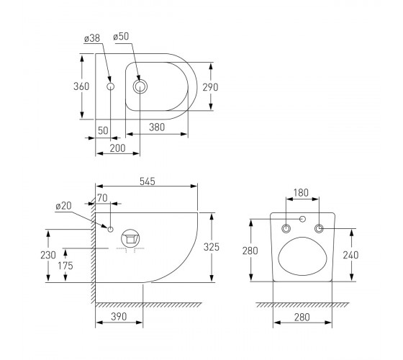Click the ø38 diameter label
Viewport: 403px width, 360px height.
click(92, 38)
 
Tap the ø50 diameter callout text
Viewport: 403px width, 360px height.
click(121, 37)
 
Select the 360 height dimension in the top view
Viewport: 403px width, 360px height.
click(81, 86)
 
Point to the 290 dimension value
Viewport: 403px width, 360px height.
click(210, 87)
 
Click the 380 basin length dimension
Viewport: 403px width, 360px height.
click(157, 127)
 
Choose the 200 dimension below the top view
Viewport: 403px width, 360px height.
click(118, 148)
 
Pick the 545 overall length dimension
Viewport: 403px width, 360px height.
click(148, 181)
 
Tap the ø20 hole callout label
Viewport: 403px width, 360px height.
click(64, 206)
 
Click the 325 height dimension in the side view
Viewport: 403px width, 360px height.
click(212, 247)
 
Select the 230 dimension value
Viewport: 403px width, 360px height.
click(48, 255)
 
